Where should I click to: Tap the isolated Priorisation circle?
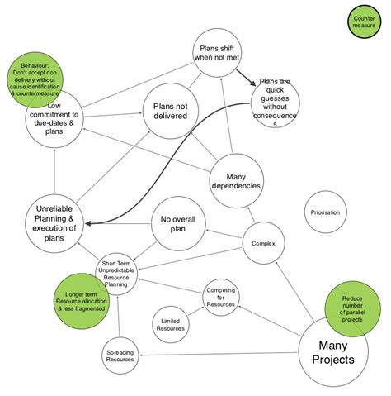pyautogui.click(x=326, y=212)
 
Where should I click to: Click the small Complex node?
pyautogui.click(x=263, y=243)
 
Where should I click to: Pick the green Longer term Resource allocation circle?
pyautogui.click(x=74, y=298)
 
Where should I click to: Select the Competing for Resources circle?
pyautogui.click(x=221, y=298)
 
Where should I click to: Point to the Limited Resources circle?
pyautogui.click(x=172, y=322)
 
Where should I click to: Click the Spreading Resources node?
pyautogui.click(x=120, y=356)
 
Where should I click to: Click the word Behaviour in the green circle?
pyautogui.click(x=35, y=64)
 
